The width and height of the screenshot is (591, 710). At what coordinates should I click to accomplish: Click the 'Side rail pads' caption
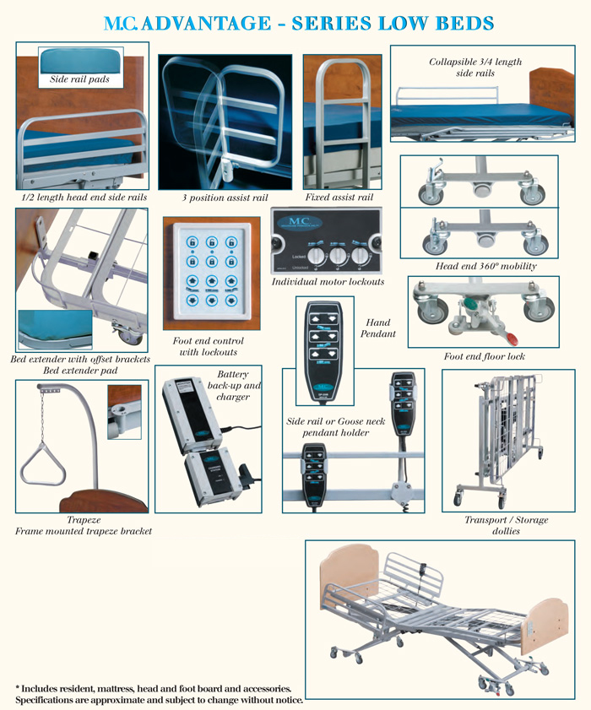(x=81, y=79)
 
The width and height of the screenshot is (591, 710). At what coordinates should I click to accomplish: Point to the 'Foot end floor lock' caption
(x=485, y=357)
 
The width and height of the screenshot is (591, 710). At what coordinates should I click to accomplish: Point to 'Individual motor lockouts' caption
(x=327, y=281)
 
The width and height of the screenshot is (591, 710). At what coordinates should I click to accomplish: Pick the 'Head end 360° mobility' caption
(x=485, y=267)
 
